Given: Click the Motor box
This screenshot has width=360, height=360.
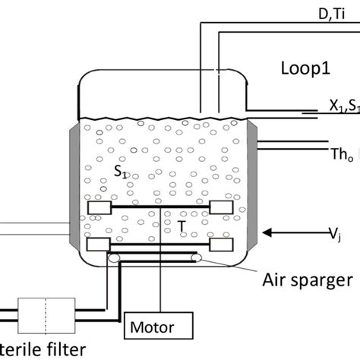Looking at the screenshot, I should pyautogui.click(x=153, y=327).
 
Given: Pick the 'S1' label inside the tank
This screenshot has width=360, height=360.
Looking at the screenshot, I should pyautogui.click(x=120, y=173).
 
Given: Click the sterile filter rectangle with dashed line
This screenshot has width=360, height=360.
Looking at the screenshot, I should pyautogui.click(x=47, y=311).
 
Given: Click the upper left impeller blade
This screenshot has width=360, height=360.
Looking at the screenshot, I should pyautogui.click(x=100, y=207).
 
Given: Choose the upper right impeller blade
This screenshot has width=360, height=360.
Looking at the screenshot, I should pyautogui.click(x=221, y=207).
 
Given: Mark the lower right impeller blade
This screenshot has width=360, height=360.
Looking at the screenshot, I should pyautogui.click(x=221, y=244).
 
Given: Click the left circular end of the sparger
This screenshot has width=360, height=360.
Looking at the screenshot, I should pyautogui.click(x=113, y=259).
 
